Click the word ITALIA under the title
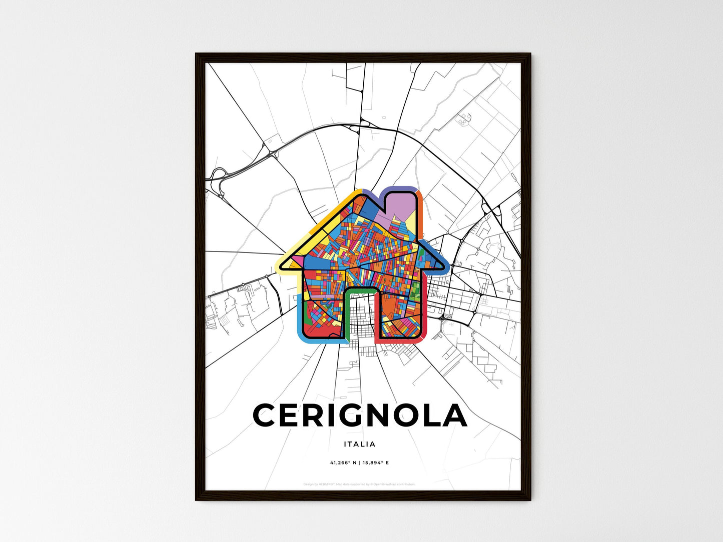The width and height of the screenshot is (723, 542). point(359,444)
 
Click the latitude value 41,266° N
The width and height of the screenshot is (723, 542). point(343,463)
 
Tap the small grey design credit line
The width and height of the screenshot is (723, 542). point(359,484)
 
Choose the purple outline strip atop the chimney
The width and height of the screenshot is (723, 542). point(398,189)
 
